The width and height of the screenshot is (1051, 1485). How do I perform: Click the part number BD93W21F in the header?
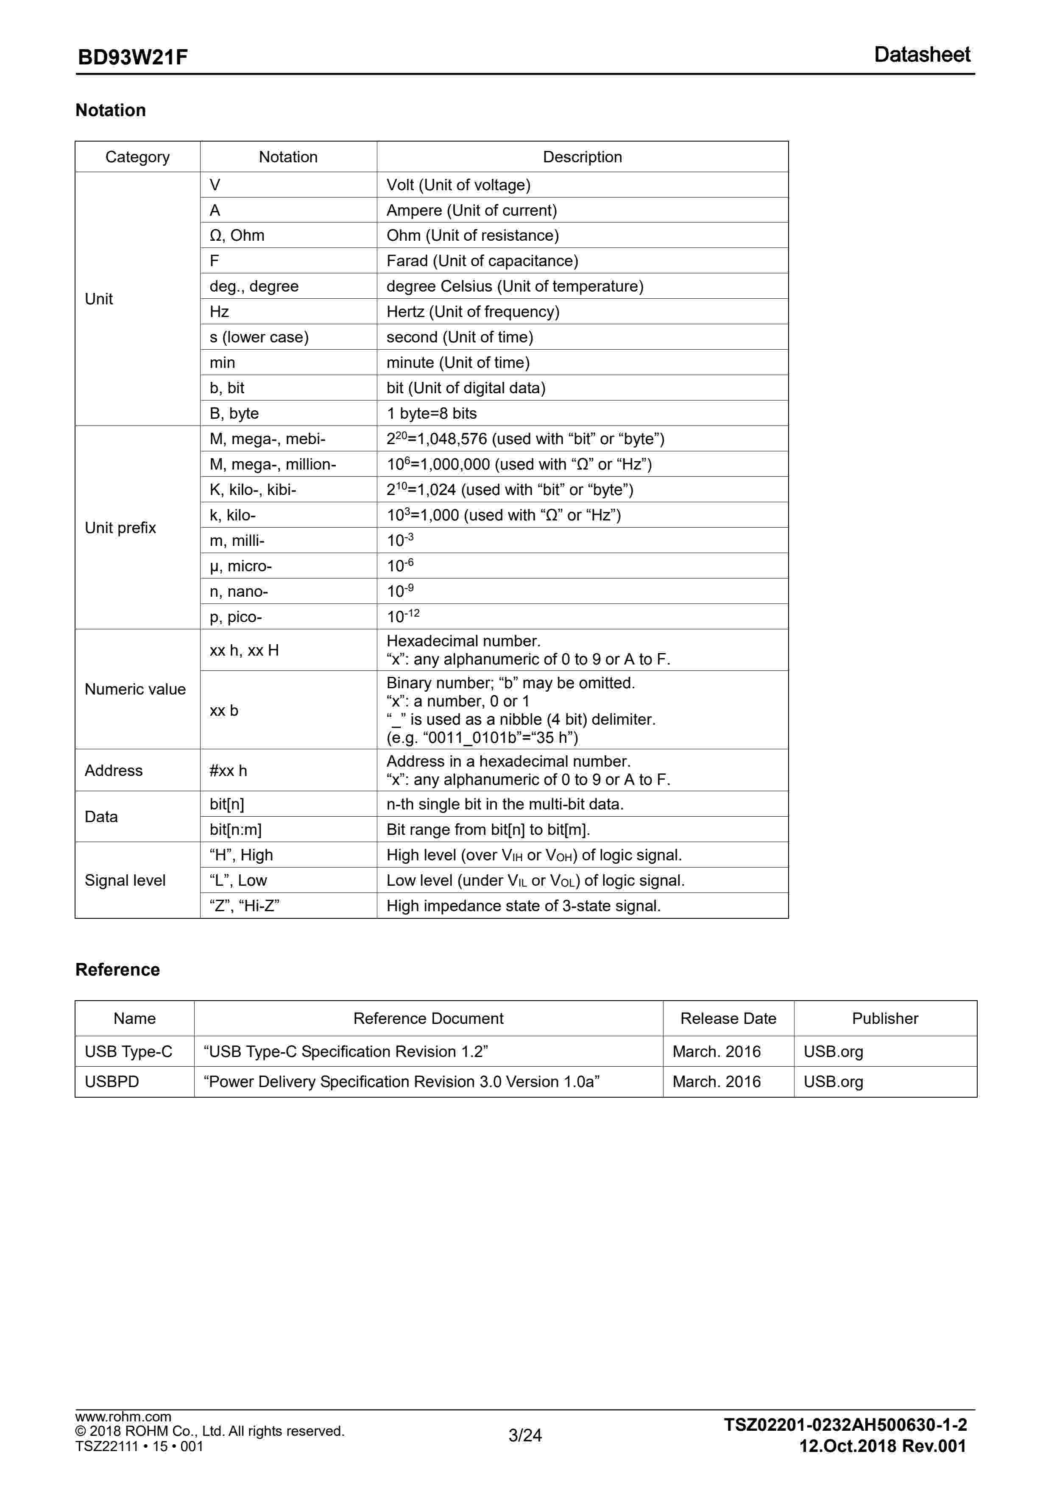coord(133,58)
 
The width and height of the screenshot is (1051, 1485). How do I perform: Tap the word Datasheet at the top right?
coord(922,55)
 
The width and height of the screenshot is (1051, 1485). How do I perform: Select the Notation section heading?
coord(111,111)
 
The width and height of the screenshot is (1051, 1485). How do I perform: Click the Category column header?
coord(137,157)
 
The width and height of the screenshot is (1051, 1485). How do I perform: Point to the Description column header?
coord(582,157)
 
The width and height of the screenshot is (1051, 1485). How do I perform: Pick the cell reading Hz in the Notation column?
coord(219,312)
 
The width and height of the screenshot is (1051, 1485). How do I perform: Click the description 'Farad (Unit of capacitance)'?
coord(482,261)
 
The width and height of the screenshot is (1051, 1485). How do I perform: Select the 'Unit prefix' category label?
coord(120,528)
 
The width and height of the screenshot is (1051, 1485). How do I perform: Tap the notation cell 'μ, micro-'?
coord(241,566)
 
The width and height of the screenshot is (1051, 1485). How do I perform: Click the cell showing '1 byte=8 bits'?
coord(431,413)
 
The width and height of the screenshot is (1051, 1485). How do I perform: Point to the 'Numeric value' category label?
coord(135,690)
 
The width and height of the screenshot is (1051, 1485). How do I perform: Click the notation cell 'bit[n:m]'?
coord(236,829)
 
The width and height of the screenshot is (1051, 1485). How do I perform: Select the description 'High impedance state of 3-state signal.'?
coord(523,906)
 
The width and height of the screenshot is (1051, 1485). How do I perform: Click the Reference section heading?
coord(117,970)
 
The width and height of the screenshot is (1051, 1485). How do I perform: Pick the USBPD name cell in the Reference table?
coord(112,1082)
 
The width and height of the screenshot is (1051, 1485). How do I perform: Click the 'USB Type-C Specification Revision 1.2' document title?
coord(346,1051)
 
